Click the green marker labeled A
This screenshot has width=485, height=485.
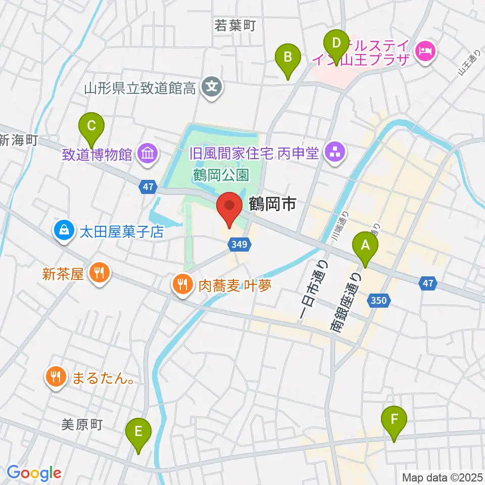tap(367, 246)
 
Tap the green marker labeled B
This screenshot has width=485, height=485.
tap(287, 57)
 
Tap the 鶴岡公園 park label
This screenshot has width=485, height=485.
tap(221, 175)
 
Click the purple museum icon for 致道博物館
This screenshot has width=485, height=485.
tap(148, 153)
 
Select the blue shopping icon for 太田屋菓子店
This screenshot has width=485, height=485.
tap(64, 231)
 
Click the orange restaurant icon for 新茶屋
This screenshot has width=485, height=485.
tap(97, 274)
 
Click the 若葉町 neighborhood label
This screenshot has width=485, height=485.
tap(235, 25)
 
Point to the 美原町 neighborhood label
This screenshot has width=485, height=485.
tap(82, 425)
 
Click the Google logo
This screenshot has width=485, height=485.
tap(34, 473)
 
